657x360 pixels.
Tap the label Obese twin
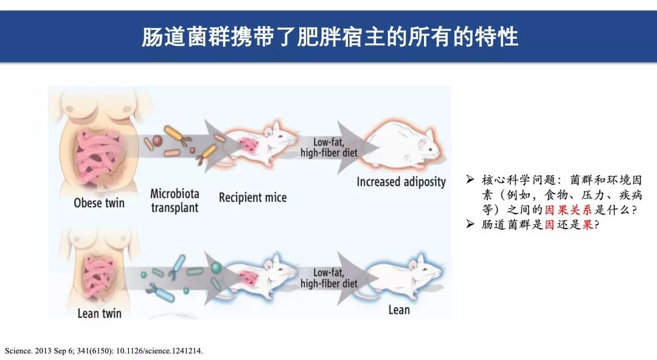pyautogui.click(x=99, y=202)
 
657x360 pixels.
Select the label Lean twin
pyautogui.click(x=99, y=314)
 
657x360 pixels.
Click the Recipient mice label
pyautogui.click(x=252, y=198)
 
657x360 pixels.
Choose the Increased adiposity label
pyautogui.click(x=401, y=182)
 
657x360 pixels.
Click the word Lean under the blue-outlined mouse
pyautogui.click(x=399, y=310)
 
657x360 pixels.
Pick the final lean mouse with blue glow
pyautogui.click(x=403, y=277)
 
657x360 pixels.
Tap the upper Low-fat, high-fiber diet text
pyautogui.click(x=328, y=148)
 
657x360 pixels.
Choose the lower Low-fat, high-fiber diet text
pyautogui.click(x=328, y=279)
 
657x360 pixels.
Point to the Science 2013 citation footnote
pyautogui.click(x=104, y=351)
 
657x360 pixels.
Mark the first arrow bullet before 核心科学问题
pyautogui.click(x=470, y=180)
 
